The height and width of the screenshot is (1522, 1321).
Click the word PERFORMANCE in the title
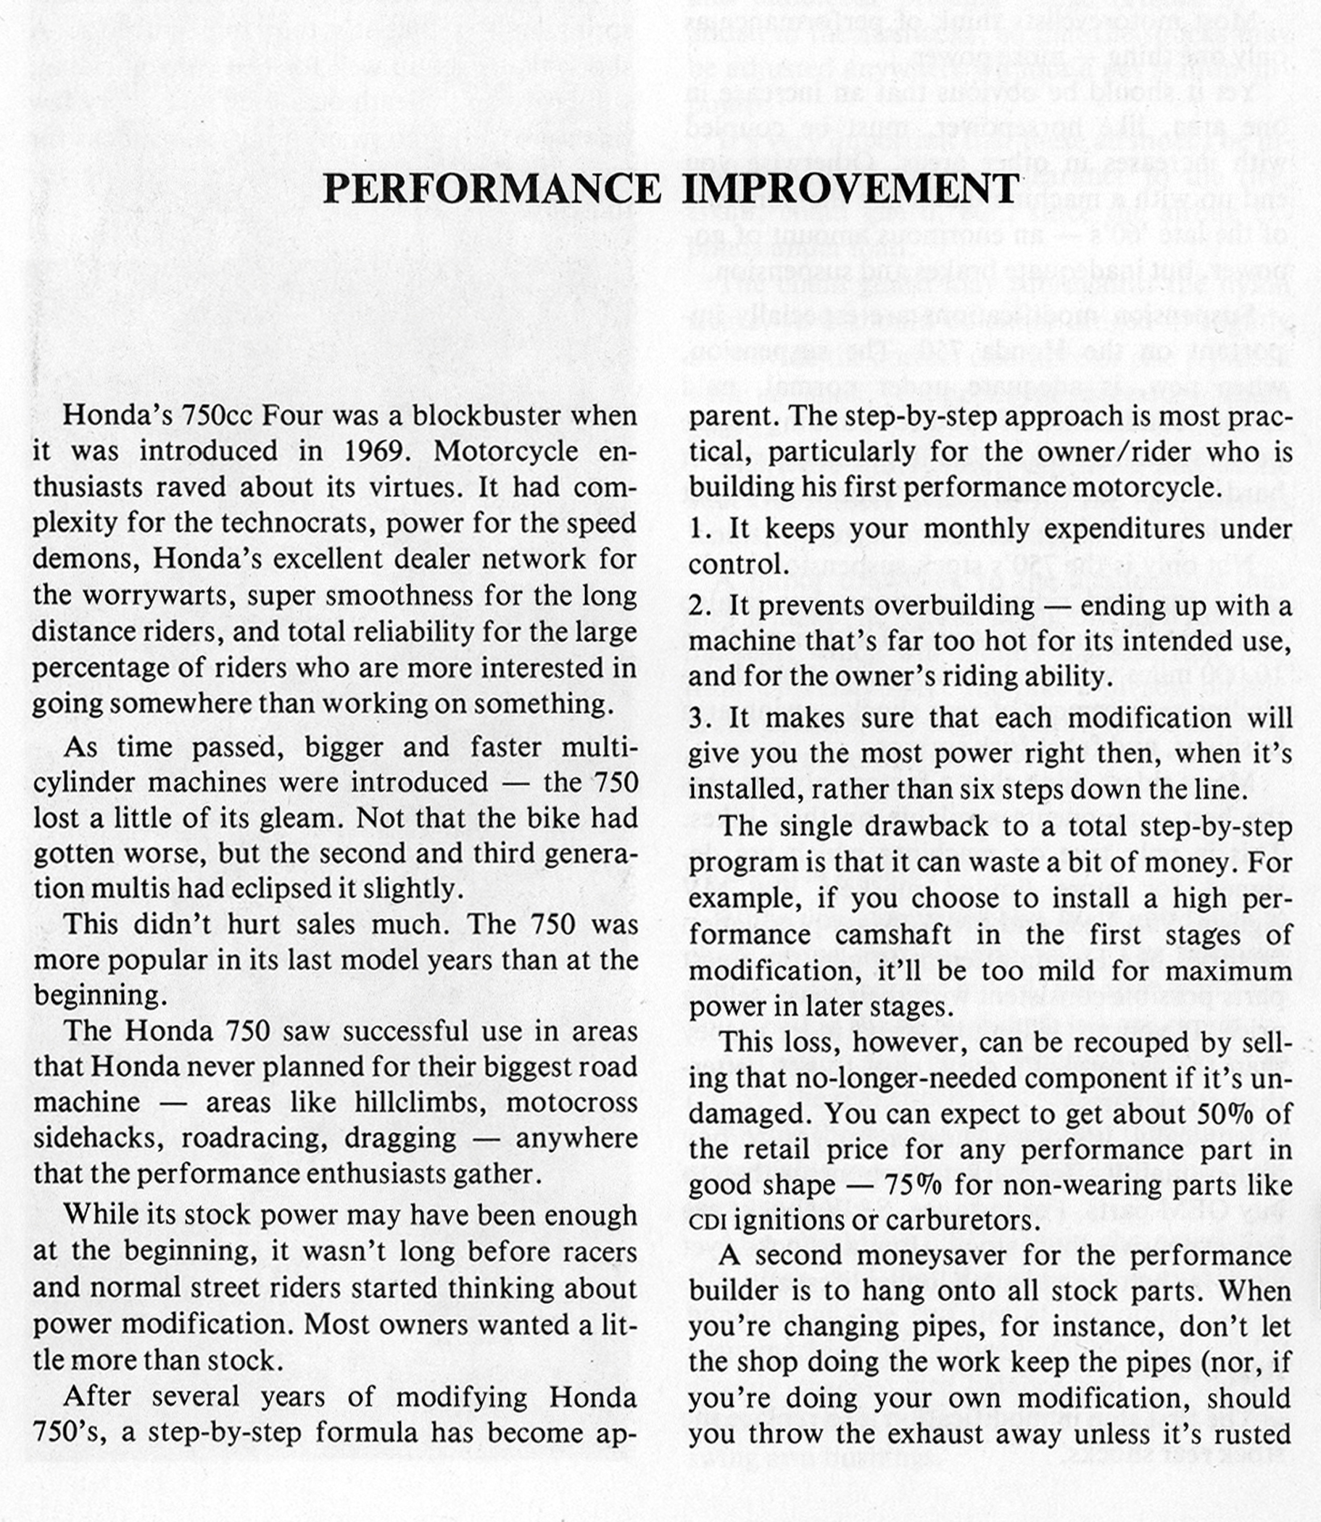pos(492,189)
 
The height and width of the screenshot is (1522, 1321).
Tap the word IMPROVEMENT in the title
pos(850,189)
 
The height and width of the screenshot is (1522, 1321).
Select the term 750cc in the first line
pos(215,415)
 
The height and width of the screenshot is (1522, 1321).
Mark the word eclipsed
pos(279,888)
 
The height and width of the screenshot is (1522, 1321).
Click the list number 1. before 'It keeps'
pos(700,529)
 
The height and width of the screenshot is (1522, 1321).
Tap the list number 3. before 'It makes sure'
pos(700,718)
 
